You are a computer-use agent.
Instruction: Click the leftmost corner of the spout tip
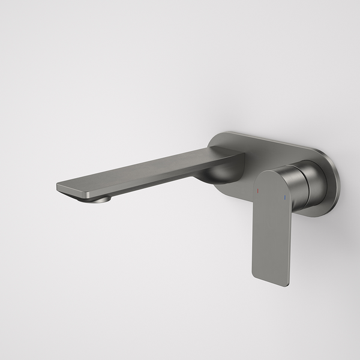tap(58, 186)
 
